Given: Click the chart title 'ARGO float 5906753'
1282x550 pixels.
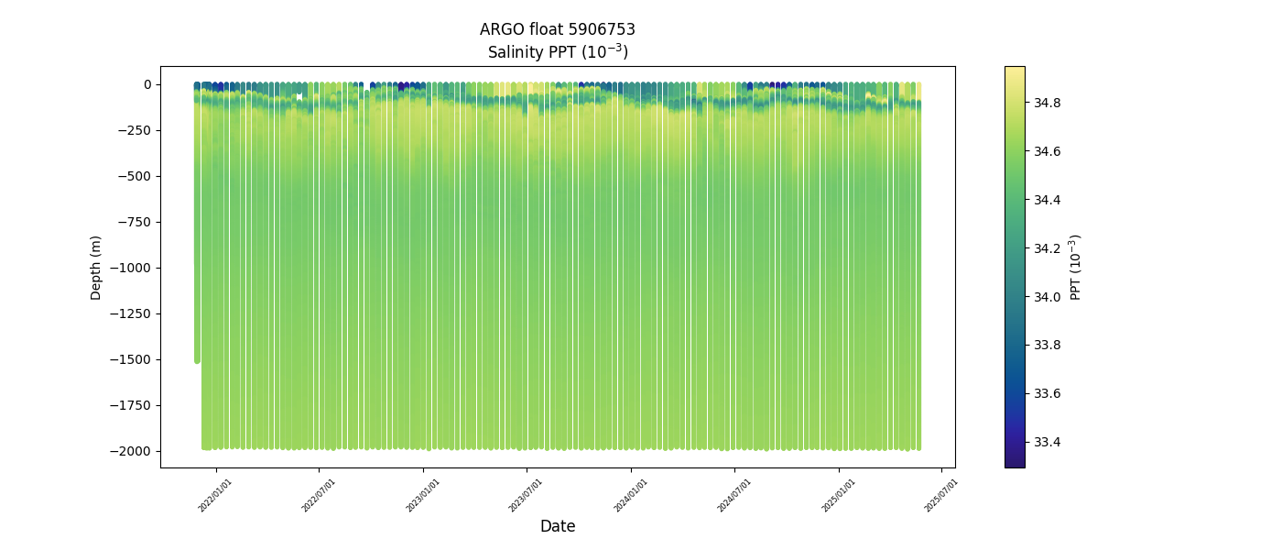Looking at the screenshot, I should click(x=557, y=29).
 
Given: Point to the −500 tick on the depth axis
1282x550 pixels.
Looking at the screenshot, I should click(x=135, y=176).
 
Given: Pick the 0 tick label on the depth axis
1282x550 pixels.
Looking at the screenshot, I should click(x=147, y=84).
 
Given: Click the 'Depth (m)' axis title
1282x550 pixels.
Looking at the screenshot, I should click(x=96, y=267).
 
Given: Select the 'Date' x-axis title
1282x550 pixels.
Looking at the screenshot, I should click(x=557, y=526).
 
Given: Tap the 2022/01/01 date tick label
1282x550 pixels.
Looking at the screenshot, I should click(x=216, y=495).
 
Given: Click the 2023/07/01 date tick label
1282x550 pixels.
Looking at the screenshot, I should click(x=527, y=495).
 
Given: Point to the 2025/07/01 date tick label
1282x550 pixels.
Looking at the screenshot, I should click(x=941, y=495).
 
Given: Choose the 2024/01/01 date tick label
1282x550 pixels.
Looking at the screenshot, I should click(x=631, y=495).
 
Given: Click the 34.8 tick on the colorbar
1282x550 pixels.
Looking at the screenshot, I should click(x=1048, y=103).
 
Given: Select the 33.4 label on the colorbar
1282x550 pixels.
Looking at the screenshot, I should click(x=1048, y=442).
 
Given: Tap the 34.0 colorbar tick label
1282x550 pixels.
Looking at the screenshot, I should click(x=1048, y=296).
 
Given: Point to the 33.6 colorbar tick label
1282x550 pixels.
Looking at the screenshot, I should click(x=1048, y=393).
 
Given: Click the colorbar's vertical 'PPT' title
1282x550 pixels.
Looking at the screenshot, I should click(x=1076, y=267).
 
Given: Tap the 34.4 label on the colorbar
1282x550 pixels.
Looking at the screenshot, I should click(x=1048, y=200).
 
